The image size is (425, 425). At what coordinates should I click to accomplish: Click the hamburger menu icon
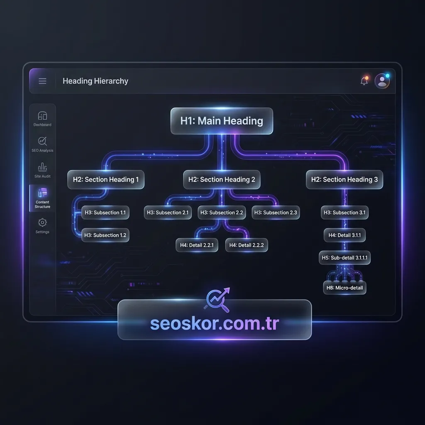[x=43, y=81]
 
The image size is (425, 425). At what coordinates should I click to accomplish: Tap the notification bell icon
[x=364, y=81]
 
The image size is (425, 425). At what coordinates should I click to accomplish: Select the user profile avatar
[x=382, y=81]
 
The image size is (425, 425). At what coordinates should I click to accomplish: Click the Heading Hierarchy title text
[x=95, y=81]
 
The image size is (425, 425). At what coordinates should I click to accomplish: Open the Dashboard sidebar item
[x=42, y=119]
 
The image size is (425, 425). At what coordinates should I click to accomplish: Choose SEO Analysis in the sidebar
[x=42, y=144]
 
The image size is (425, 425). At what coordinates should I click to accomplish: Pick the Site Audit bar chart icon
[x=42, y=167]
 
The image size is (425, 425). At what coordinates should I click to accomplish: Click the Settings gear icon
[x=42, y=222]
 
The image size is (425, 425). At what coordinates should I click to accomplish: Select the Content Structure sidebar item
[x=42, y=198]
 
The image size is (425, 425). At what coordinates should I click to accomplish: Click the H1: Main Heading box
[x=222, y=121]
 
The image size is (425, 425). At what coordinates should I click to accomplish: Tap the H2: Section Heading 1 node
[x=106, y=179]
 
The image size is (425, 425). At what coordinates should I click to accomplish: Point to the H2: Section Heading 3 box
[x=344, y=179]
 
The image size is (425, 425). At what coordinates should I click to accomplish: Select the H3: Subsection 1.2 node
[x=105, y=235]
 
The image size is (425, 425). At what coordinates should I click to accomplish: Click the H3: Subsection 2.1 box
[x=168, y=212]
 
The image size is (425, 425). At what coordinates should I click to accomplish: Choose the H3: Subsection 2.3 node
[x=276, y=212]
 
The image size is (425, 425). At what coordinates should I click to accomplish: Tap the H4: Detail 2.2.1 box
[x=197, y=245]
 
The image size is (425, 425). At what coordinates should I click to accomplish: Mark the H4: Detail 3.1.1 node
[x=344, y=235]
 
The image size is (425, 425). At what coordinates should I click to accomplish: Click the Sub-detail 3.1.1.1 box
[x=344, y=257]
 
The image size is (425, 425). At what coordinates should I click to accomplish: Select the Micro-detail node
[x=344, y=288]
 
